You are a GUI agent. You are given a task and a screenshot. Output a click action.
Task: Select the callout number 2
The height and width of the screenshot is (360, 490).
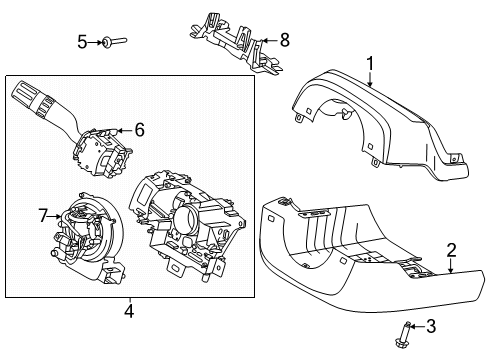(x=451, y=250)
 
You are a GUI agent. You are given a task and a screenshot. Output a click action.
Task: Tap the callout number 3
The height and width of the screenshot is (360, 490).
(x=431, y=325)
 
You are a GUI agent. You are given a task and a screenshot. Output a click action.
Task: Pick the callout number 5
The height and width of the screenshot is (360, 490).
(x=82, y=41)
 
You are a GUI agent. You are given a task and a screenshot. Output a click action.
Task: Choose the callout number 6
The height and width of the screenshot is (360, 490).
(x=139, y=129)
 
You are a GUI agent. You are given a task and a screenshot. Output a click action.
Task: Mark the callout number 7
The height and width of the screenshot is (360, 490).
(x=43, y=214)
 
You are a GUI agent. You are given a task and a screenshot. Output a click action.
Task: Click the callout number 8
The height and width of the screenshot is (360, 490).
(x=284, y=41)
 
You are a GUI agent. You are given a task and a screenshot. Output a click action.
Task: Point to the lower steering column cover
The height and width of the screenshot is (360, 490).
(x=350, y=250)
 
